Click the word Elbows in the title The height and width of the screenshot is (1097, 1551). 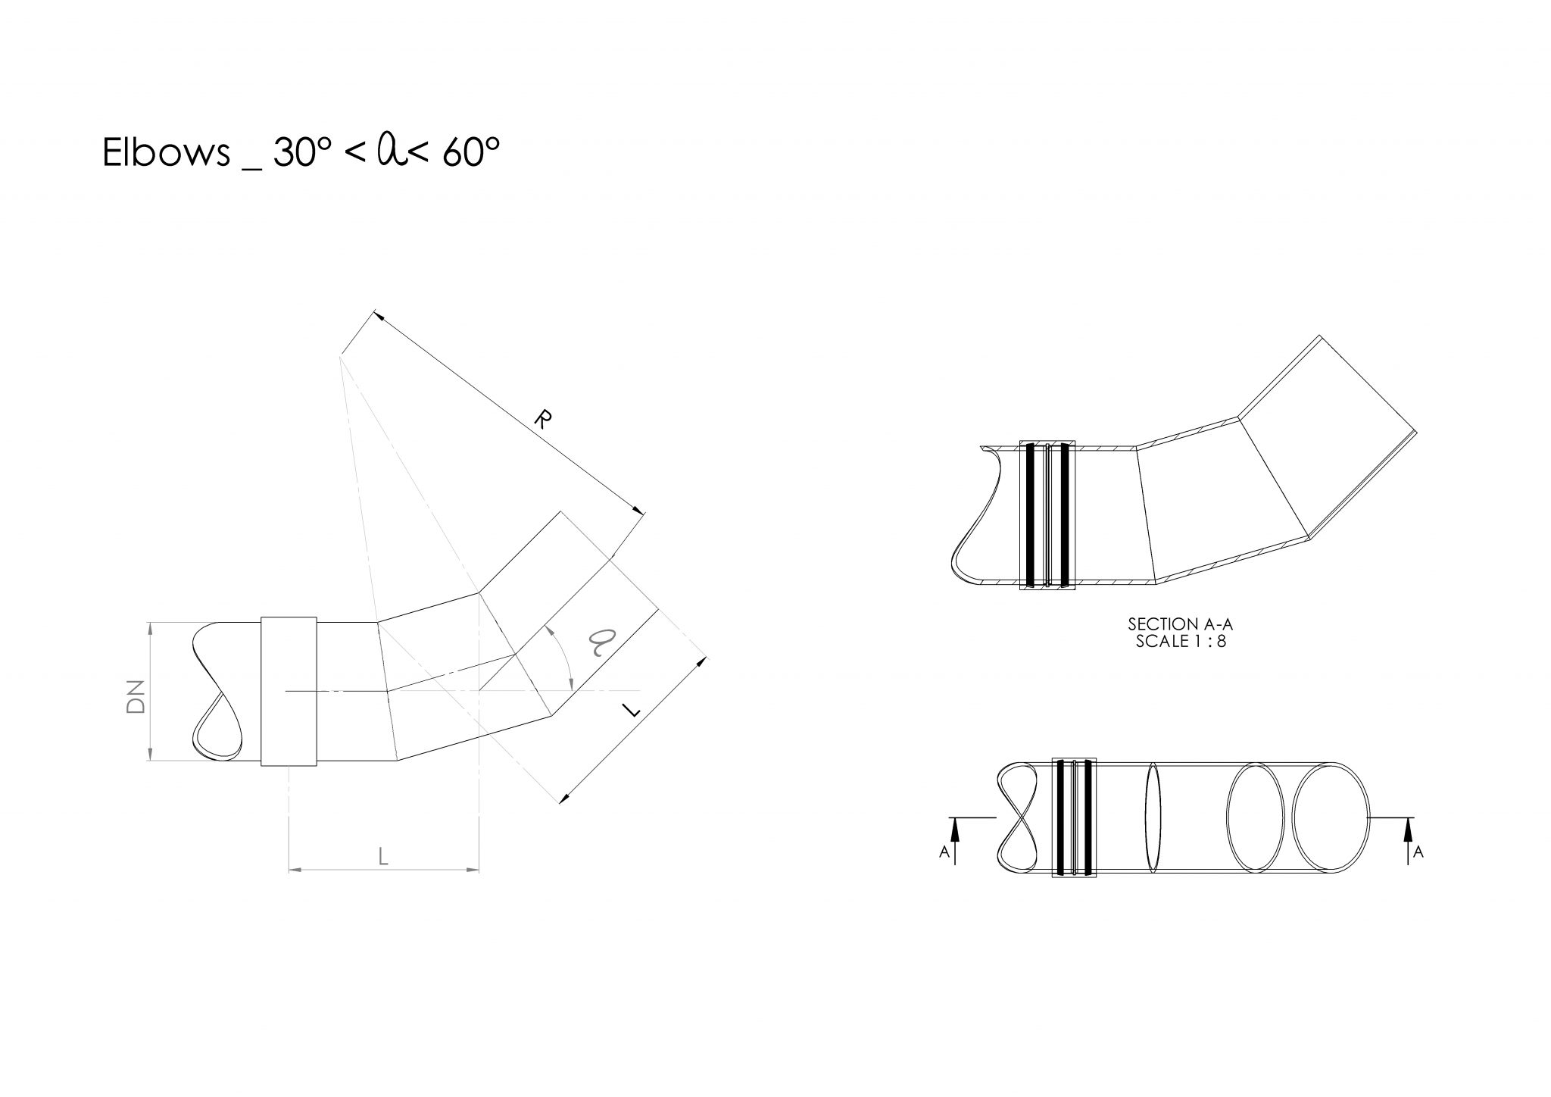click(x=165, y=154)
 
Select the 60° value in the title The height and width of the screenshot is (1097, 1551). click(x=471, y=153)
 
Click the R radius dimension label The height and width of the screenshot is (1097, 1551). click(x=543, y=418)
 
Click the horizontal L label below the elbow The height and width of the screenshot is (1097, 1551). click(x=383, y=857)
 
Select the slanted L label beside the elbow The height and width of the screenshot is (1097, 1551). click(x=630, y=710)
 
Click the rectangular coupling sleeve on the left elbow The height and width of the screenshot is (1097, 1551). click(x=289, y=692)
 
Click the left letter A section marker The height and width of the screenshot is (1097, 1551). click(x=944, y=852)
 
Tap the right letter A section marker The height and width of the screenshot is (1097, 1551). click(x=1418, y=852)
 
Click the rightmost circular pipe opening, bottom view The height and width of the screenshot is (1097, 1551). click(x=1331, y=817)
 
